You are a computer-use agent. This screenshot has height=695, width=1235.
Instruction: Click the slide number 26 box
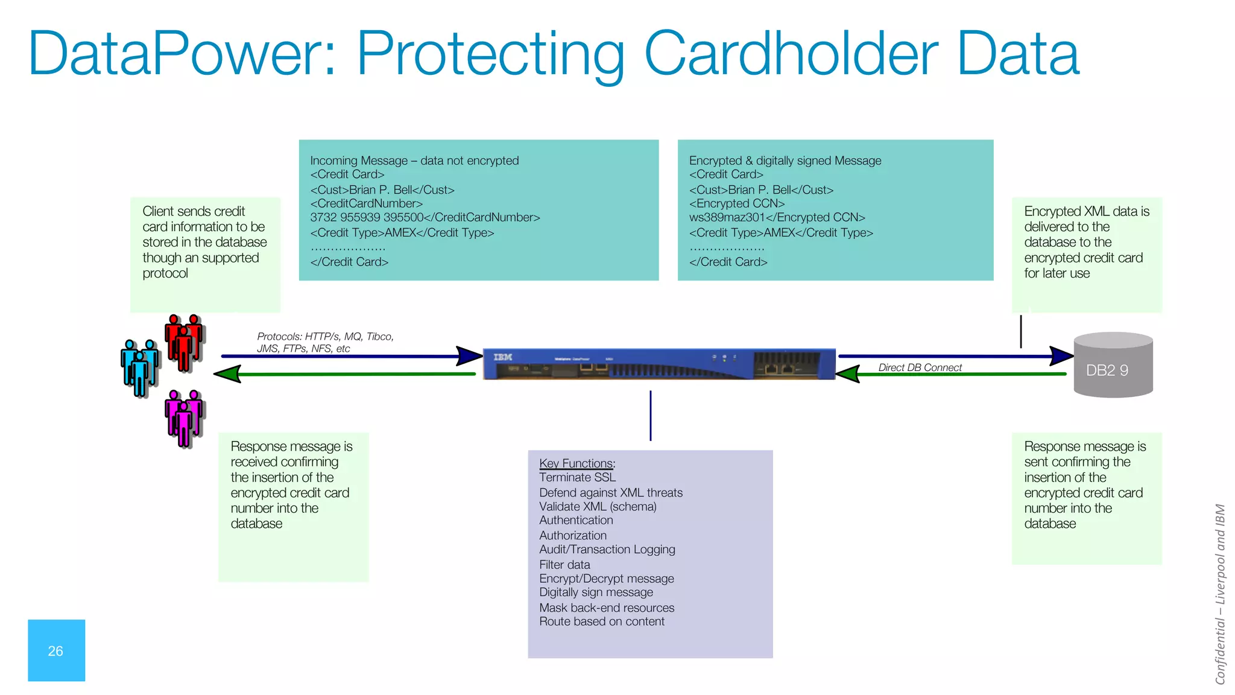56,650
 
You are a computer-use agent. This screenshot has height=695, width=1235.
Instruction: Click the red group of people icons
185,341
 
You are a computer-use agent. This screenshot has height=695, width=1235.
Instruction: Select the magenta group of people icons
185,418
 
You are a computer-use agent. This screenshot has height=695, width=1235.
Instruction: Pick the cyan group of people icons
139,367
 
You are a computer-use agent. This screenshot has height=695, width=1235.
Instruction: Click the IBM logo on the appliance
502,357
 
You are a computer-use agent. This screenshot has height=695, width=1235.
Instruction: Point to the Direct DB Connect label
920,367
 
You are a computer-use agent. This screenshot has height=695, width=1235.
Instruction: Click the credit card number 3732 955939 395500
367,217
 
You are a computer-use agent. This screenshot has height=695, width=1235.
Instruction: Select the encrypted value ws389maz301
727,217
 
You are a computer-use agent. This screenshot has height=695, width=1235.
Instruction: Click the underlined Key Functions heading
576,463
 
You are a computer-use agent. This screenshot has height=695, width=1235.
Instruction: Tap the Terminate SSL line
577,477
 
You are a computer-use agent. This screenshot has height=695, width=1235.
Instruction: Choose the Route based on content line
601,621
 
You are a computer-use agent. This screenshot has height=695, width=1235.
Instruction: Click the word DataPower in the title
181,54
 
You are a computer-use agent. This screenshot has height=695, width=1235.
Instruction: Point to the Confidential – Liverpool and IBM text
1220,594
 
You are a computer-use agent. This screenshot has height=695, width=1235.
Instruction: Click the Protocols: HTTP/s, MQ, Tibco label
325,337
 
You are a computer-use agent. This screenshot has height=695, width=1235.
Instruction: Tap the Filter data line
564,565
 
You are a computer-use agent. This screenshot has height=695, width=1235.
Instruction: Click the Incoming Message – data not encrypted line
414,160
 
